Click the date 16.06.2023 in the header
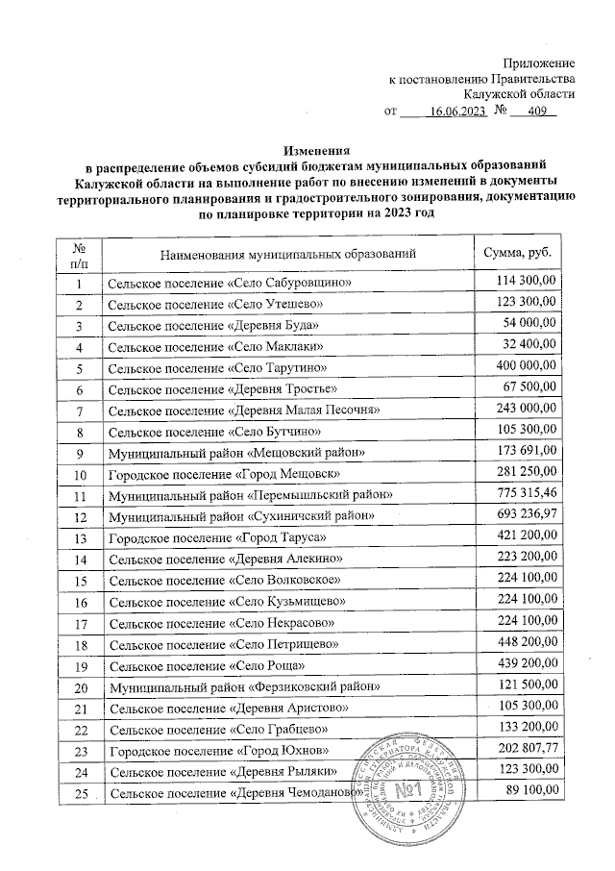coord(456,112)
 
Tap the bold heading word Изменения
coord(316,150)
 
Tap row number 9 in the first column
coord(80,452)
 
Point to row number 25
coord(80,792)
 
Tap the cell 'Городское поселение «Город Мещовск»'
coord(224,474)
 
